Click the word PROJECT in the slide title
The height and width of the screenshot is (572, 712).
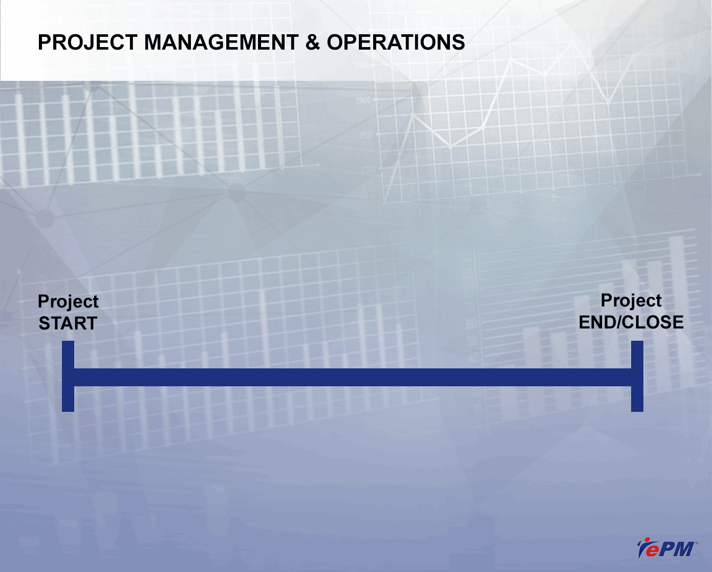point(88,42)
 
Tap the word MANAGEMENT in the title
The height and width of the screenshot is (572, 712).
point(221,42)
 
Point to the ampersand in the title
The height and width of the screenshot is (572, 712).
point(313,42)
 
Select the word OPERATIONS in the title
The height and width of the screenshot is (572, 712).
point(396,42)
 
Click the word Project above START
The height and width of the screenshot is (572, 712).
point(68,302)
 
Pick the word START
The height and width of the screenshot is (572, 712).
point(68,323)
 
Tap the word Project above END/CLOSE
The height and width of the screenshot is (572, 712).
point(631,301)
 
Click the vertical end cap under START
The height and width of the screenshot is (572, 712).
point(68,376)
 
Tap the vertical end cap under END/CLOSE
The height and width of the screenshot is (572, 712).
point(637,376)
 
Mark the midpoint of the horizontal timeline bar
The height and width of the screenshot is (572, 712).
point(353,377)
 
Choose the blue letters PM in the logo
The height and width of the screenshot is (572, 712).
point(676,549)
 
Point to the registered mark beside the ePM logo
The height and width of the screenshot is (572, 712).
point(697,543)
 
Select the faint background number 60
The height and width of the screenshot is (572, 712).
point(471,324)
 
